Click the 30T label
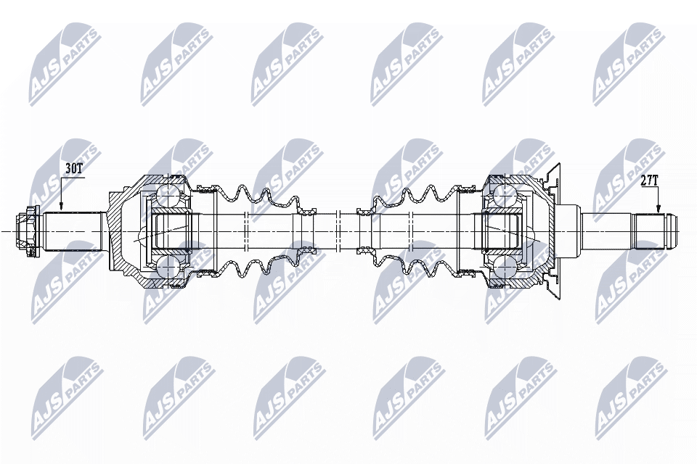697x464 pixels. [x=74, y=168]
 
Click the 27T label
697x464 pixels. [x=650, y=181]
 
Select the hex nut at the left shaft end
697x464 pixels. [x=28, y=231]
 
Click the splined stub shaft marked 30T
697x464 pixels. [x=74, y=231]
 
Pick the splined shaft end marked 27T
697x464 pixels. [x=654, y=231]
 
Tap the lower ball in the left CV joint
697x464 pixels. [x=166, y=269]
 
